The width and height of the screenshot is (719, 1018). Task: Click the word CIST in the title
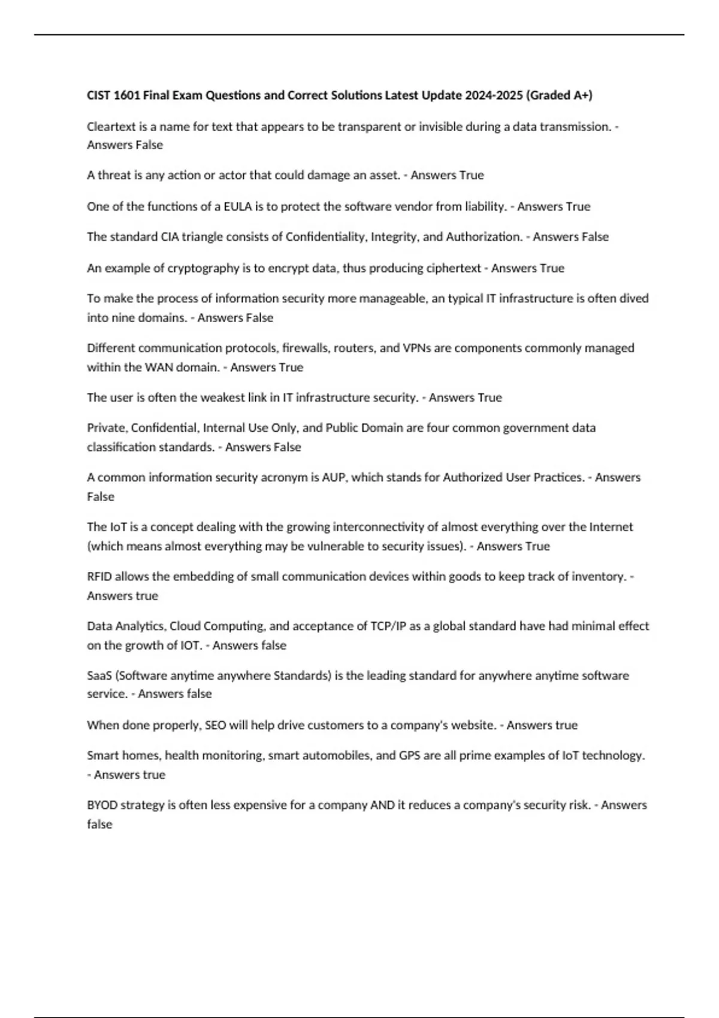(99, 95)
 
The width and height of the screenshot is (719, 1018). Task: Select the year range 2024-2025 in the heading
(493, 95)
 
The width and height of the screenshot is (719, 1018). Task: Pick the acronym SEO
(216, 725)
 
